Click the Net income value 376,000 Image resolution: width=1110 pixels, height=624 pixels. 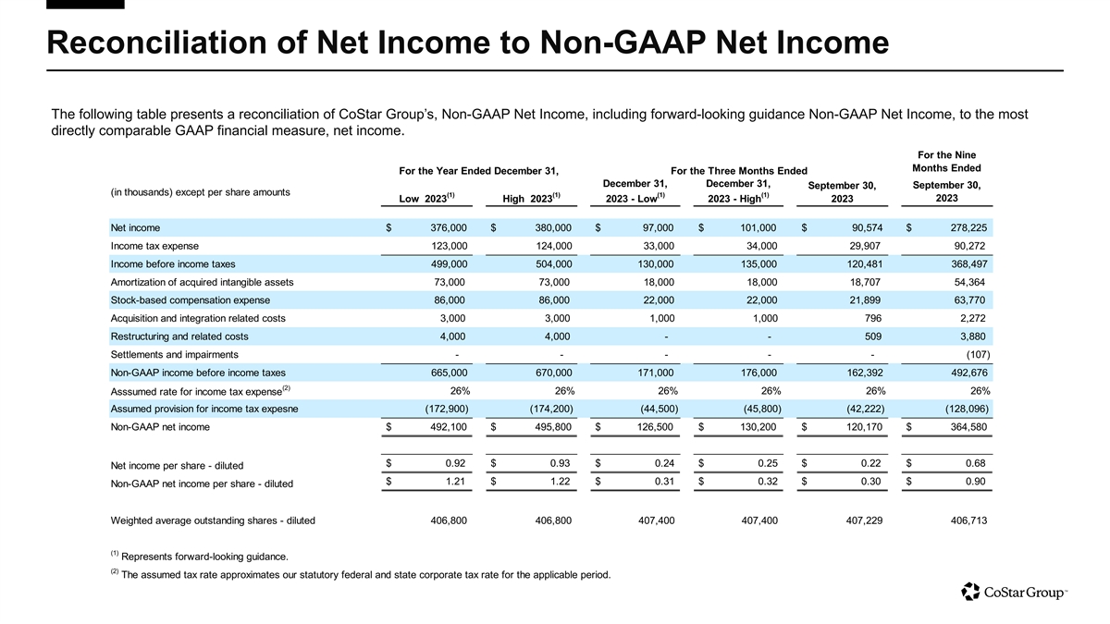[446, 227]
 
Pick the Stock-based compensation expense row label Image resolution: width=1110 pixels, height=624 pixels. [190, 300]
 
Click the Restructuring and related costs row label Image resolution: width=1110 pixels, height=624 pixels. [179, 336]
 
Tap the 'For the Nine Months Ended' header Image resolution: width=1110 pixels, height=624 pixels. [946, 161]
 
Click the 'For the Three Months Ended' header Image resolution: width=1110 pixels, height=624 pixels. [738, 171]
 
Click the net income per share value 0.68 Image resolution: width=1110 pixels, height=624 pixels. [975, 463]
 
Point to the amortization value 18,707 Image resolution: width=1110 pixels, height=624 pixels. [862, 282]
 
